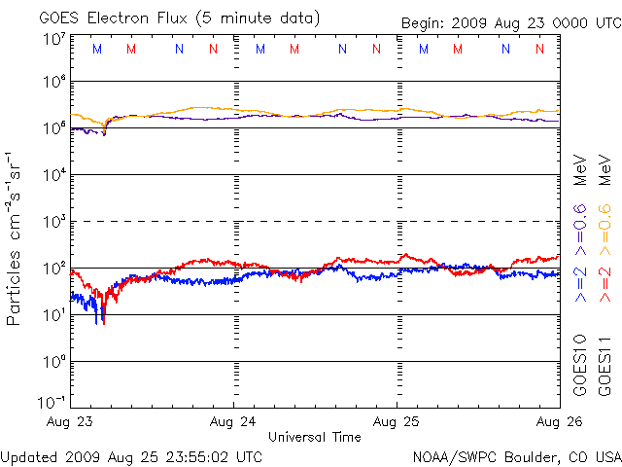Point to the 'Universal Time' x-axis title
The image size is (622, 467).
pyautogui.click(x=315, y=438)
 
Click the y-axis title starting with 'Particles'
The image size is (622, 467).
pyautogui.click(x=17, y=238)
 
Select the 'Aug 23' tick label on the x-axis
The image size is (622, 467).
pyautogui.click(x=71, y=422)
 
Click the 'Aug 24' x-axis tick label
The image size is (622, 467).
pyautogui.click(x=233, y=422)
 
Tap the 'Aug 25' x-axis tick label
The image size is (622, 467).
pyautogui.click(x=397, y=422)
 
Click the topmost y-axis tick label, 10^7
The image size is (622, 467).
pyautogui.click(x=53, y=39)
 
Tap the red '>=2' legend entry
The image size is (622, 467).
pyautogui.click(x=604, y=283)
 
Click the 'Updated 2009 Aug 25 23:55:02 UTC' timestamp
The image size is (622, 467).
pyautogui.click(x=131, y=455)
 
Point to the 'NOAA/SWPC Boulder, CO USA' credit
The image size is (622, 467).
pyautogui.click(x=516, y=455)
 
